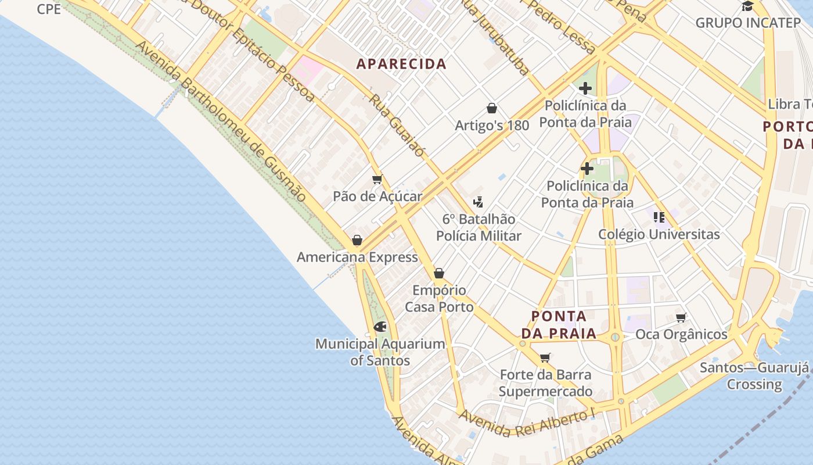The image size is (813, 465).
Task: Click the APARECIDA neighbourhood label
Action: [401, 64]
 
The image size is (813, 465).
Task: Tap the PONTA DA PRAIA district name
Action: [559, 325]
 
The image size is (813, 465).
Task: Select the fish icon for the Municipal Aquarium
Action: [380, 327]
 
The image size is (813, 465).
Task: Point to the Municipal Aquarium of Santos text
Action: [380, 352]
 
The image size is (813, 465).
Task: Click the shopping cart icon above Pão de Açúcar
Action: [377, 180]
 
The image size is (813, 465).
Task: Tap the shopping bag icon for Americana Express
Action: [357, 240]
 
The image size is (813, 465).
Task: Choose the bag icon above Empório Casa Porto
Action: [439, 273]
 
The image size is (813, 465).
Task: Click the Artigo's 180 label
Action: [492, 126]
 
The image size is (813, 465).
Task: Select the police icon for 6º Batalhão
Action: [479, 202]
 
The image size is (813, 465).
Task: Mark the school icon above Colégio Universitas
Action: [659, 217]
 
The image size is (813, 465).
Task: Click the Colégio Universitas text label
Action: [659, 234]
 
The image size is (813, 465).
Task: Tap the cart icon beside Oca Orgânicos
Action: [681, 317]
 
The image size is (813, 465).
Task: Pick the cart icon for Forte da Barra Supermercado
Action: [545, 357]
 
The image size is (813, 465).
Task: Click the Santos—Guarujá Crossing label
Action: [754, 375]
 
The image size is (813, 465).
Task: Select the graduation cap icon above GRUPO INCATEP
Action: [747, 6]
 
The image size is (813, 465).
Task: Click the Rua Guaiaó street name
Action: [397, 126]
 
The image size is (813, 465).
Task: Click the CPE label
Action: [49, 9]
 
